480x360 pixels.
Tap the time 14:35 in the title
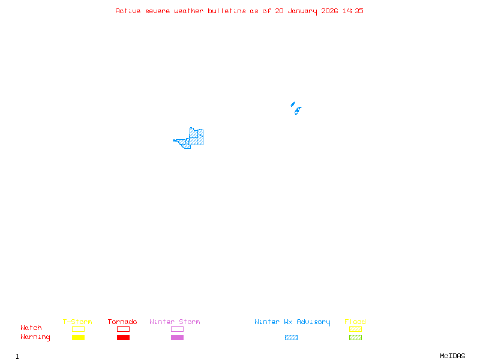tap(353, 11)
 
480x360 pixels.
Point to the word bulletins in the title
tap(227, 11)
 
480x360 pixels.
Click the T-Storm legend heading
tap(77, 322)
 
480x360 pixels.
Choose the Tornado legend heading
tap(122, 322)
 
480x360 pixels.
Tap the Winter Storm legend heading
tap(175, 322)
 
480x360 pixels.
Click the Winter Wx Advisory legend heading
tap(292, 322)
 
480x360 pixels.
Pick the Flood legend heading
tap(355, 322)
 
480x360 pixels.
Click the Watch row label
tap(31, 328)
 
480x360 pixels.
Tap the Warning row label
tap(35, 337)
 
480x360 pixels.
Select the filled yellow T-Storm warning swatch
tap(78, 338)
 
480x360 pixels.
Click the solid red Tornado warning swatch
tap(123, 338)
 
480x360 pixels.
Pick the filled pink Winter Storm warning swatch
tap(177, 338)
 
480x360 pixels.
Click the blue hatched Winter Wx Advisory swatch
tap(291, 338)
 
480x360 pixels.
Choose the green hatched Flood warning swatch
tap(355, 338)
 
